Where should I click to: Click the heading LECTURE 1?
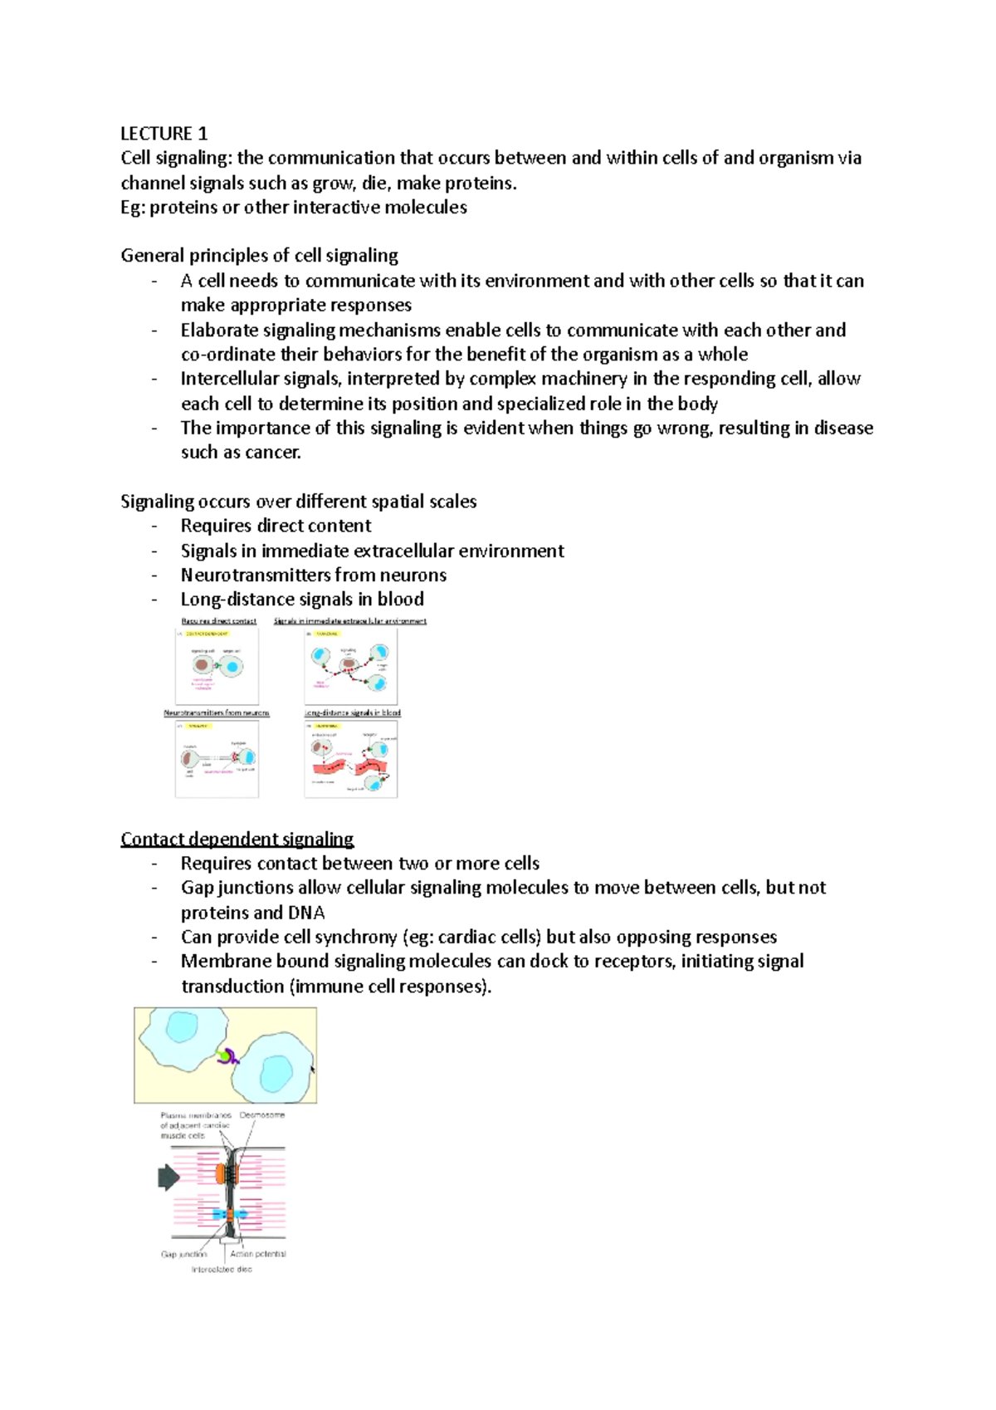coord(164,134)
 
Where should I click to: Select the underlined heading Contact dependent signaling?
coord(237,839)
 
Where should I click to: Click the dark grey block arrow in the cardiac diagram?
coord(168,1177)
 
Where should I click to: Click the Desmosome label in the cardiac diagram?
coord(262,1115)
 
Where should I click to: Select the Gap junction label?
coord(183,1254)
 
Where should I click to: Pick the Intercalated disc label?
coord(222,1269)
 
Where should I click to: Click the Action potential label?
coord(258,1254)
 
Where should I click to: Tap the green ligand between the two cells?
coord(222,1056)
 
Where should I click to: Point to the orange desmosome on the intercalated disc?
coord(221,1173)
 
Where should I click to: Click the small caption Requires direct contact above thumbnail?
coord(219,621)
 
